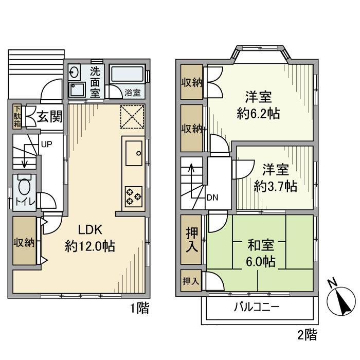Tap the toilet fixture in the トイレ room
click(x=24, y=186)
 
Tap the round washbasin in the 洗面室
click(x=74, y=71)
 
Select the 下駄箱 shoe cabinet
click(x=17, y=116)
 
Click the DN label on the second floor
click(x=212, y=196)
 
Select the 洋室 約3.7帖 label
click(x=275, y=177)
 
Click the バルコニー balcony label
click(x=257, y=308)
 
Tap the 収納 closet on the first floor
click(x=24, y=242)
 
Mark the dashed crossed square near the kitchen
click(x=133, y=116)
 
